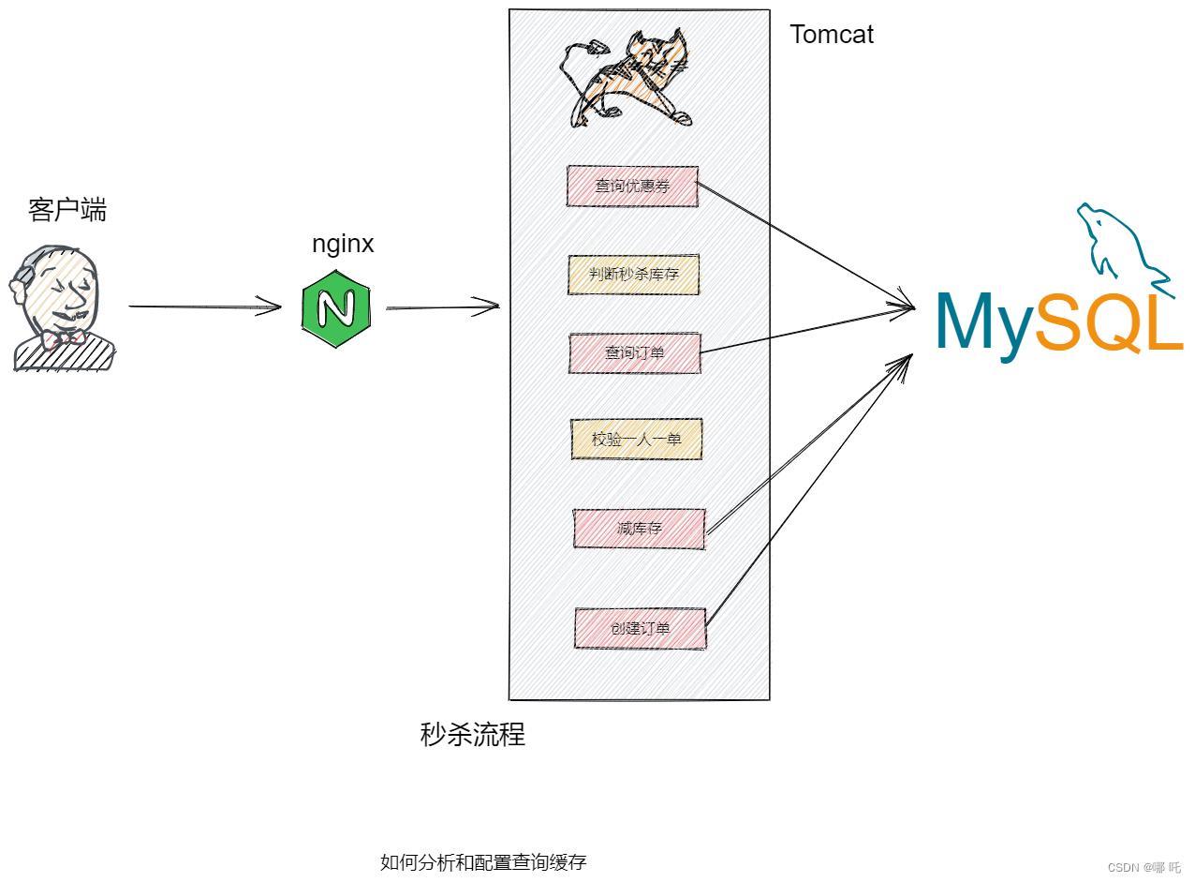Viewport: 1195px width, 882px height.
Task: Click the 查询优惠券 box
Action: coord(632,186)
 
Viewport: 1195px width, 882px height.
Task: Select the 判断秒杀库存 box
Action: coord(633,275)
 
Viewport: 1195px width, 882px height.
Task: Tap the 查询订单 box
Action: coord(634,352)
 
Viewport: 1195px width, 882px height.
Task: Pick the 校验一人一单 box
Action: coord(636,439)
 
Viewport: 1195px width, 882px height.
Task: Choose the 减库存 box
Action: coord(639,529)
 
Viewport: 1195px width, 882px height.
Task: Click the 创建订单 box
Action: coord(640,628)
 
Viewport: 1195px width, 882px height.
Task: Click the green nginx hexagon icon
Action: coord(336,308)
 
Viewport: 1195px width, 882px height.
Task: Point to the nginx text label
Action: coord(343,244)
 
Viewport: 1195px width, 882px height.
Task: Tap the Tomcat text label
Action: coord(832,35)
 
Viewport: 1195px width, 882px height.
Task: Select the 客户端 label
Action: coord(67,209)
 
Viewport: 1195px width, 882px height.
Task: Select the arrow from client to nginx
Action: coord(204,306)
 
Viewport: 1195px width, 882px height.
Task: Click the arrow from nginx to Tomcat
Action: coord(442,306)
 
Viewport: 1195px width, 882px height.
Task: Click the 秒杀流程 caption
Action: coord(473,734)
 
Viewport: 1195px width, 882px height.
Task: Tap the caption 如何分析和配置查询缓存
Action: coord(483,862)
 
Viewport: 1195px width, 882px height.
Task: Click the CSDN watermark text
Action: coord(1143,867)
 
